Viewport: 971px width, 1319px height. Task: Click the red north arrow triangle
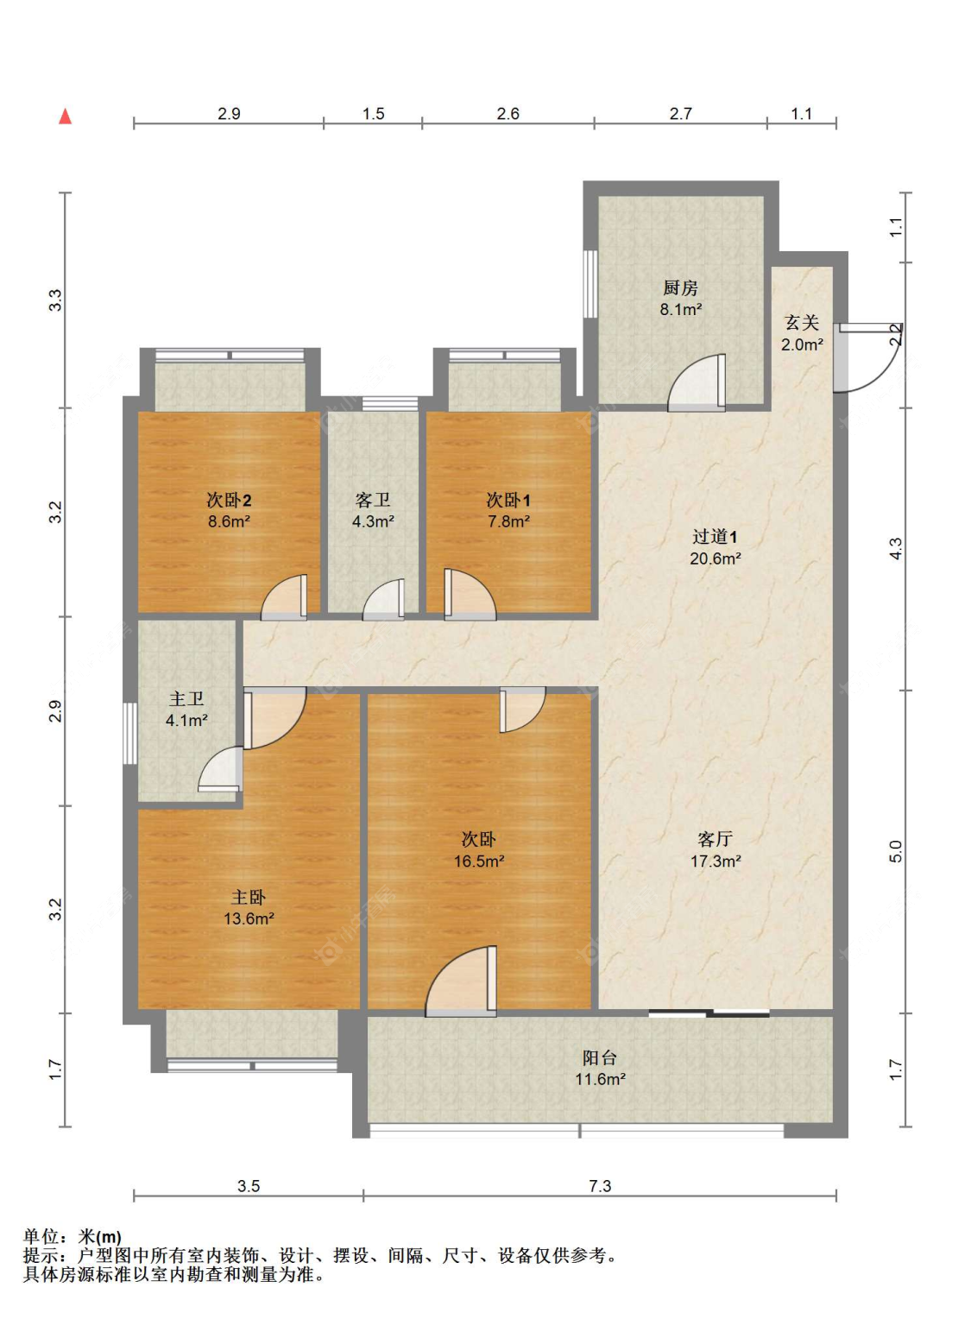pyautogui.click(x=66, y=117)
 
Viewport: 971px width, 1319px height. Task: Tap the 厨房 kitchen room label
pyautogui.click(x=680, y=288)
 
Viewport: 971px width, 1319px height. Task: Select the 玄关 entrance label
pyautogui.click(x=802, y=323)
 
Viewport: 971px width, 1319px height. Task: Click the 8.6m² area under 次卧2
pyautogui.click(x=229, y=521)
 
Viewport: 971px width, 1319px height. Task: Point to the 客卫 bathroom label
pyautogui.click(x=373, y=500)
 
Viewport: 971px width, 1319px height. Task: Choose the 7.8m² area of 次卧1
pyautogui.click(x=508, y=521)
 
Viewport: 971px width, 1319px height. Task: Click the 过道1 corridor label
pyautogui.click(x=715, y=536)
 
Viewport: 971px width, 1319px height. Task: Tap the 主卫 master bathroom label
pyautogui.click(x=186, y=699)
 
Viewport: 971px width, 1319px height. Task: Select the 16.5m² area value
pyautogui.click(x=479, y=861)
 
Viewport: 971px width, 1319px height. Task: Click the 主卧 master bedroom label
pyautogui.click(x=249, y=898)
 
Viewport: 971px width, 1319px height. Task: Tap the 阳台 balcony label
pyautogui.click(x=600, y=1058)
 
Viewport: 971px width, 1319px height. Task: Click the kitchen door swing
pyautogui.click(x=697, y=382)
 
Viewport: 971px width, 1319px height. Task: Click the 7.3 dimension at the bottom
pyautogui.click(x=600, y=1186)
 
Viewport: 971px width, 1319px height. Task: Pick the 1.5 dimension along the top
pyautogui.click(x=374, y=114)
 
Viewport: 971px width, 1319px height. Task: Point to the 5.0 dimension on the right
pyautogui.click(x=895, y=851)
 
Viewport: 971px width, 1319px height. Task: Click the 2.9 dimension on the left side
pyautogui.click(x=54, y=711)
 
